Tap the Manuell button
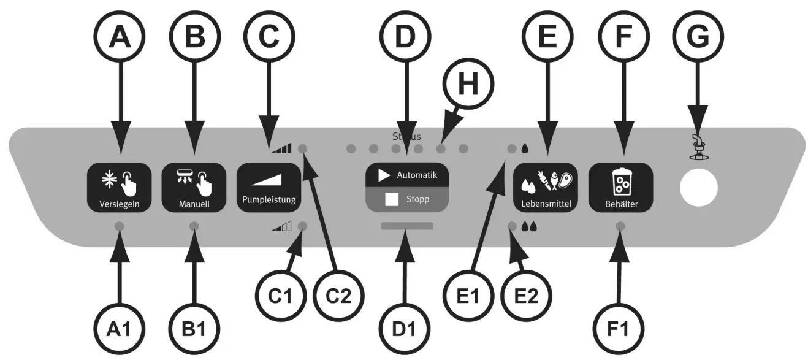pyautogui.click(x=194, y=188)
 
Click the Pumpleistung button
pyautogui.click(x=269, y=188)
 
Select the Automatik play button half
pyautogui.click(x=407, y=175)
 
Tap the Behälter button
pyautogui.click(x=620, y=188)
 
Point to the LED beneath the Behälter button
pyautogui.click(x=620, y=226)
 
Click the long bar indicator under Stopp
pyautogui.click(x=406, y=226)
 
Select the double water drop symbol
pyautogui.click(x=528, y=226)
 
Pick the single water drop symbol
pyautogui.click(x=525, y=148)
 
